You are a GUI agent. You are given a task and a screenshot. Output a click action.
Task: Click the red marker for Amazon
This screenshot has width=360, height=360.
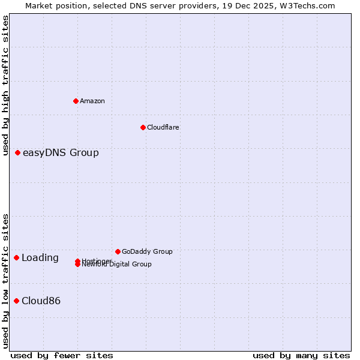coord(76,101)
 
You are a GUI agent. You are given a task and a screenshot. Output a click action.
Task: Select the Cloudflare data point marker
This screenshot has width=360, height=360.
coord(143,127)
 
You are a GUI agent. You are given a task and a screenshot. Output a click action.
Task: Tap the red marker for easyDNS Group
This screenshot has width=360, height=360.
coord(18,153)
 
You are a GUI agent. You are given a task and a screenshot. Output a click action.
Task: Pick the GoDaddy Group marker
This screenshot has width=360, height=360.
coord(118,251)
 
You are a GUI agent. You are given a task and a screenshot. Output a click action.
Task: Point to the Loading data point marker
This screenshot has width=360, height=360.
coord(17,257)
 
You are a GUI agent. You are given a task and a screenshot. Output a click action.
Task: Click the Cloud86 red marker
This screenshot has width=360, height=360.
coord(17,301)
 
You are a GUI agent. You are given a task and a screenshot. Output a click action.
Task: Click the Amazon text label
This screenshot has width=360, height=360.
coord(92,101)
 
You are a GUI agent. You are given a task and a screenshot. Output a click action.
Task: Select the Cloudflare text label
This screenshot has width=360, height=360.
coord(163,127)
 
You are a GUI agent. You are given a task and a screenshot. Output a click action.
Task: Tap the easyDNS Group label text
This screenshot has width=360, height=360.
coord(61,153)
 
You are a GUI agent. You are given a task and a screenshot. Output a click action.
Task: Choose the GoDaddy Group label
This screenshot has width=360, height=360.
coord(147,251)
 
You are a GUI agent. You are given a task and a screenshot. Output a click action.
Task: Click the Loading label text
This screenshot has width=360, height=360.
coord(40,258)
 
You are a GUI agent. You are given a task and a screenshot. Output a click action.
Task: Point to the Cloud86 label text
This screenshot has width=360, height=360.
coord(41,301)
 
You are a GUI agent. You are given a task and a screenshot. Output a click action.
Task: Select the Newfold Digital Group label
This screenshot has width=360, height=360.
coord(118,265)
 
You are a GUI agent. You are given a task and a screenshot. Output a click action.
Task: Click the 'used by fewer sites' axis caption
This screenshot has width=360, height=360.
coord(62,355)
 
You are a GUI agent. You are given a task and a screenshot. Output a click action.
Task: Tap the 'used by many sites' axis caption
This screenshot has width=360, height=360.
coord(301,355)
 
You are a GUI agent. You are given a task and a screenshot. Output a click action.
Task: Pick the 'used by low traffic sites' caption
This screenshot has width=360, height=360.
coord(5,280)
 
